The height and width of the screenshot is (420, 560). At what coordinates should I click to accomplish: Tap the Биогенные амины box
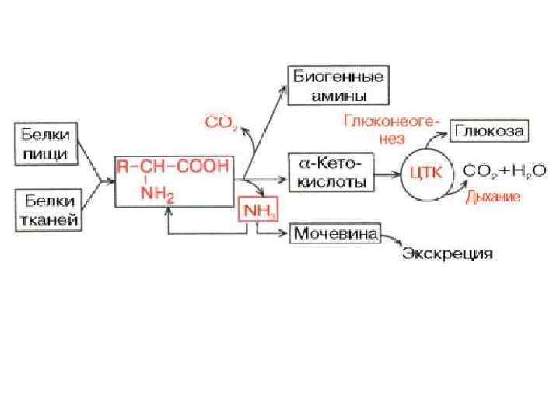(338, 86)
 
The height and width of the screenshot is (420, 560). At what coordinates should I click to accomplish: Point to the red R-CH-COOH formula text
(173, 166)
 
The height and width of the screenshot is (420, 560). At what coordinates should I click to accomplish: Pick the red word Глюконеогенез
(392, 129)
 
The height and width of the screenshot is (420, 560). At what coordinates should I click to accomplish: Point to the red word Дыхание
(492, 198)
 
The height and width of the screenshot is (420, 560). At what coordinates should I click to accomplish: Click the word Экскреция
(447, 254)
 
